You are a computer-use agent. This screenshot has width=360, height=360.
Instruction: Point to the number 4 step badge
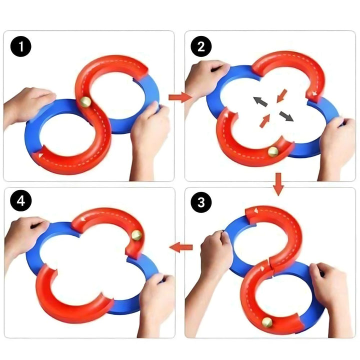(x=21, y=202)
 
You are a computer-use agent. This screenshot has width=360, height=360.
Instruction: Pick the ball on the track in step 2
(x=273, y=151)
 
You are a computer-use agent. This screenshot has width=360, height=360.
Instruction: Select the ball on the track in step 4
(x=136, y=234)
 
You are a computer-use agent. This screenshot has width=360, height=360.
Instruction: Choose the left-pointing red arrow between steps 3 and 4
(x=182, y=246)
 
